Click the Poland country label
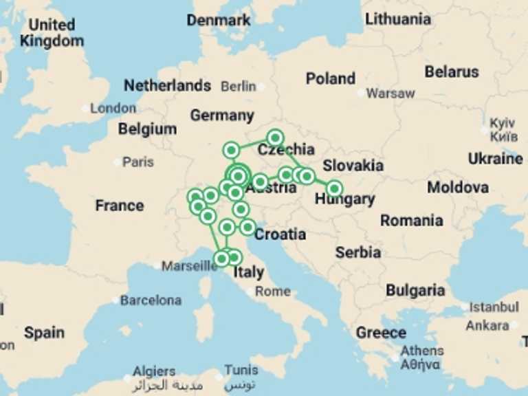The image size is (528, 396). pos(331,78)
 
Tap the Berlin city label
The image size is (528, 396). pos(238,87)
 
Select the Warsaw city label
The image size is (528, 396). pos(390,93)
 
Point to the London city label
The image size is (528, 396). pos(113,108)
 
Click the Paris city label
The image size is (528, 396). pos(138,162)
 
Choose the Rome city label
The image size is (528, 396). pos(273,291)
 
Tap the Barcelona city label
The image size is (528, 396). pos(151,300)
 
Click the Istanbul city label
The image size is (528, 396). pos(494,307)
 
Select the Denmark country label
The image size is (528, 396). pos(219,21)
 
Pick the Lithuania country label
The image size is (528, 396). pos(398,19)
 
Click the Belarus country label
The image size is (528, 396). pos(451,71)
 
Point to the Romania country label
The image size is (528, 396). pos(411,221)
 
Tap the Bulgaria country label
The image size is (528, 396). pos(415,290)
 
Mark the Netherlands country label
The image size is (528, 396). pos(167,86)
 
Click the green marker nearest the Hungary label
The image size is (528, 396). pos(334,188)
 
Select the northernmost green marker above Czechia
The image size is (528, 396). pos(275,137)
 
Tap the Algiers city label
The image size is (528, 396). pos(154,371)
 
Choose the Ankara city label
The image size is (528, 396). pos(487,325)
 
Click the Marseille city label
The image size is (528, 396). pos(189,265)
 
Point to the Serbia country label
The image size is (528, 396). pos(358,252)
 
